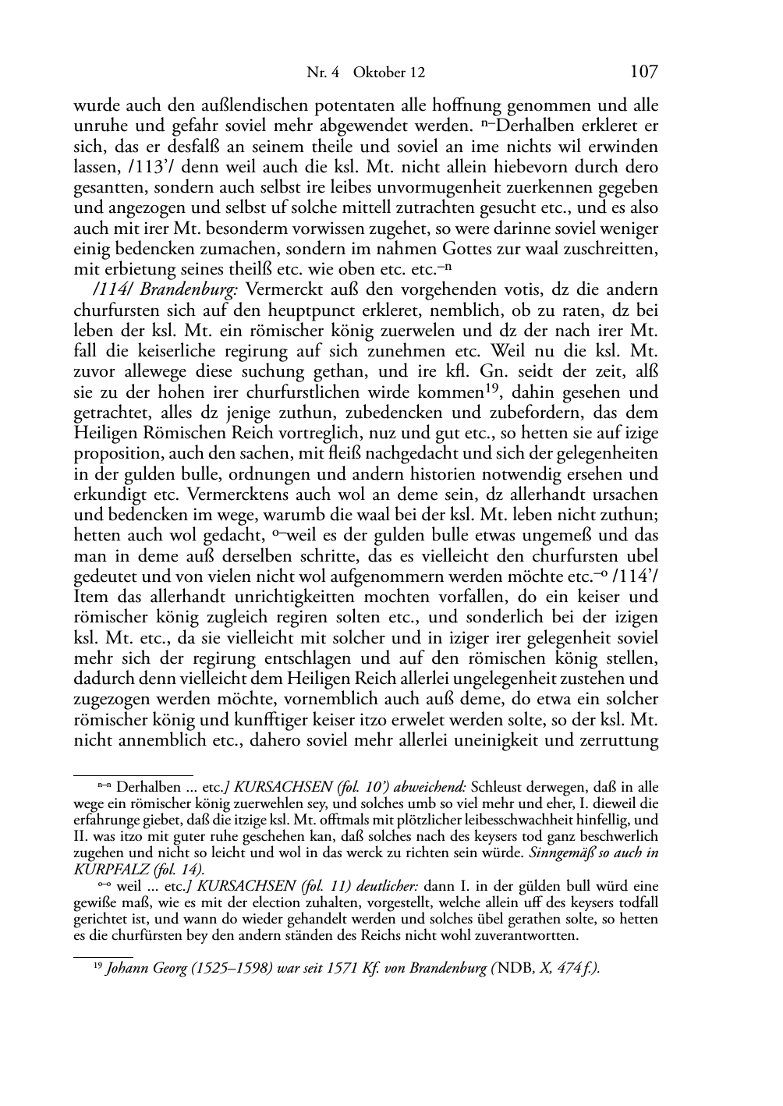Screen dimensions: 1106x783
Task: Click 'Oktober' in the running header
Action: click(378, 73)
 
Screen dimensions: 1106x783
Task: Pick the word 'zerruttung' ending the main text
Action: click(620, 739)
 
